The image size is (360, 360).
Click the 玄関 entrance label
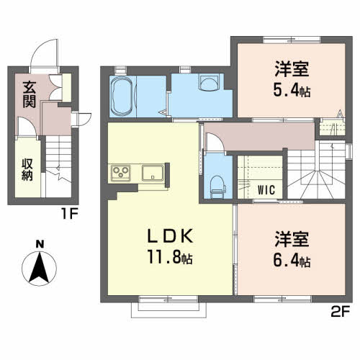coord(30,94)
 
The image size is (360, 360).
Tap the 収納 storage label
coord(27,170)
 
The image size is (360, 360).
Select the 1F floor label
coord(70,214)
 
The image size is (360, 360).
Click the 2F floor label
coord(341,311)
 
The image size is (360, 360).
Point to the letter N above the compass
coord(40,244)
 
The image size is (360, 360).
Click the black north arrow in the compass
coord(39,268)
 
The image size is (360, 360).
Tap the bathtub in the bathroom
coord(122,96)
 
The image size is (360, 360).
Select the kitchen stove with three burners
coord(121,173)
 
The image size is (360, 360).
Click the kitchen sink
coord(153,173)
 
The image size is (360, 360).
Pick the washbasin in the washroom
coord(209,82)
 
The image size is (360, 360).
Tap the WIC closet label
coord(266,190)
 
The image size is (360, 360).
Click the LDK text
coord(170,236)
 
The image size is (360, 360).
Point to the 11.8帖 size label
coord(170,257)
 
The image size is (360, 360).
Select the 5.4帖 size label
coord(292,91)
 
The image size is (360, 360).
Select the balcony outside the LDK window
coord(168,310)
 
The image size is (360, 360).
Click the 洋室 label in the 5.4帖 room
coord(292,69)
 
